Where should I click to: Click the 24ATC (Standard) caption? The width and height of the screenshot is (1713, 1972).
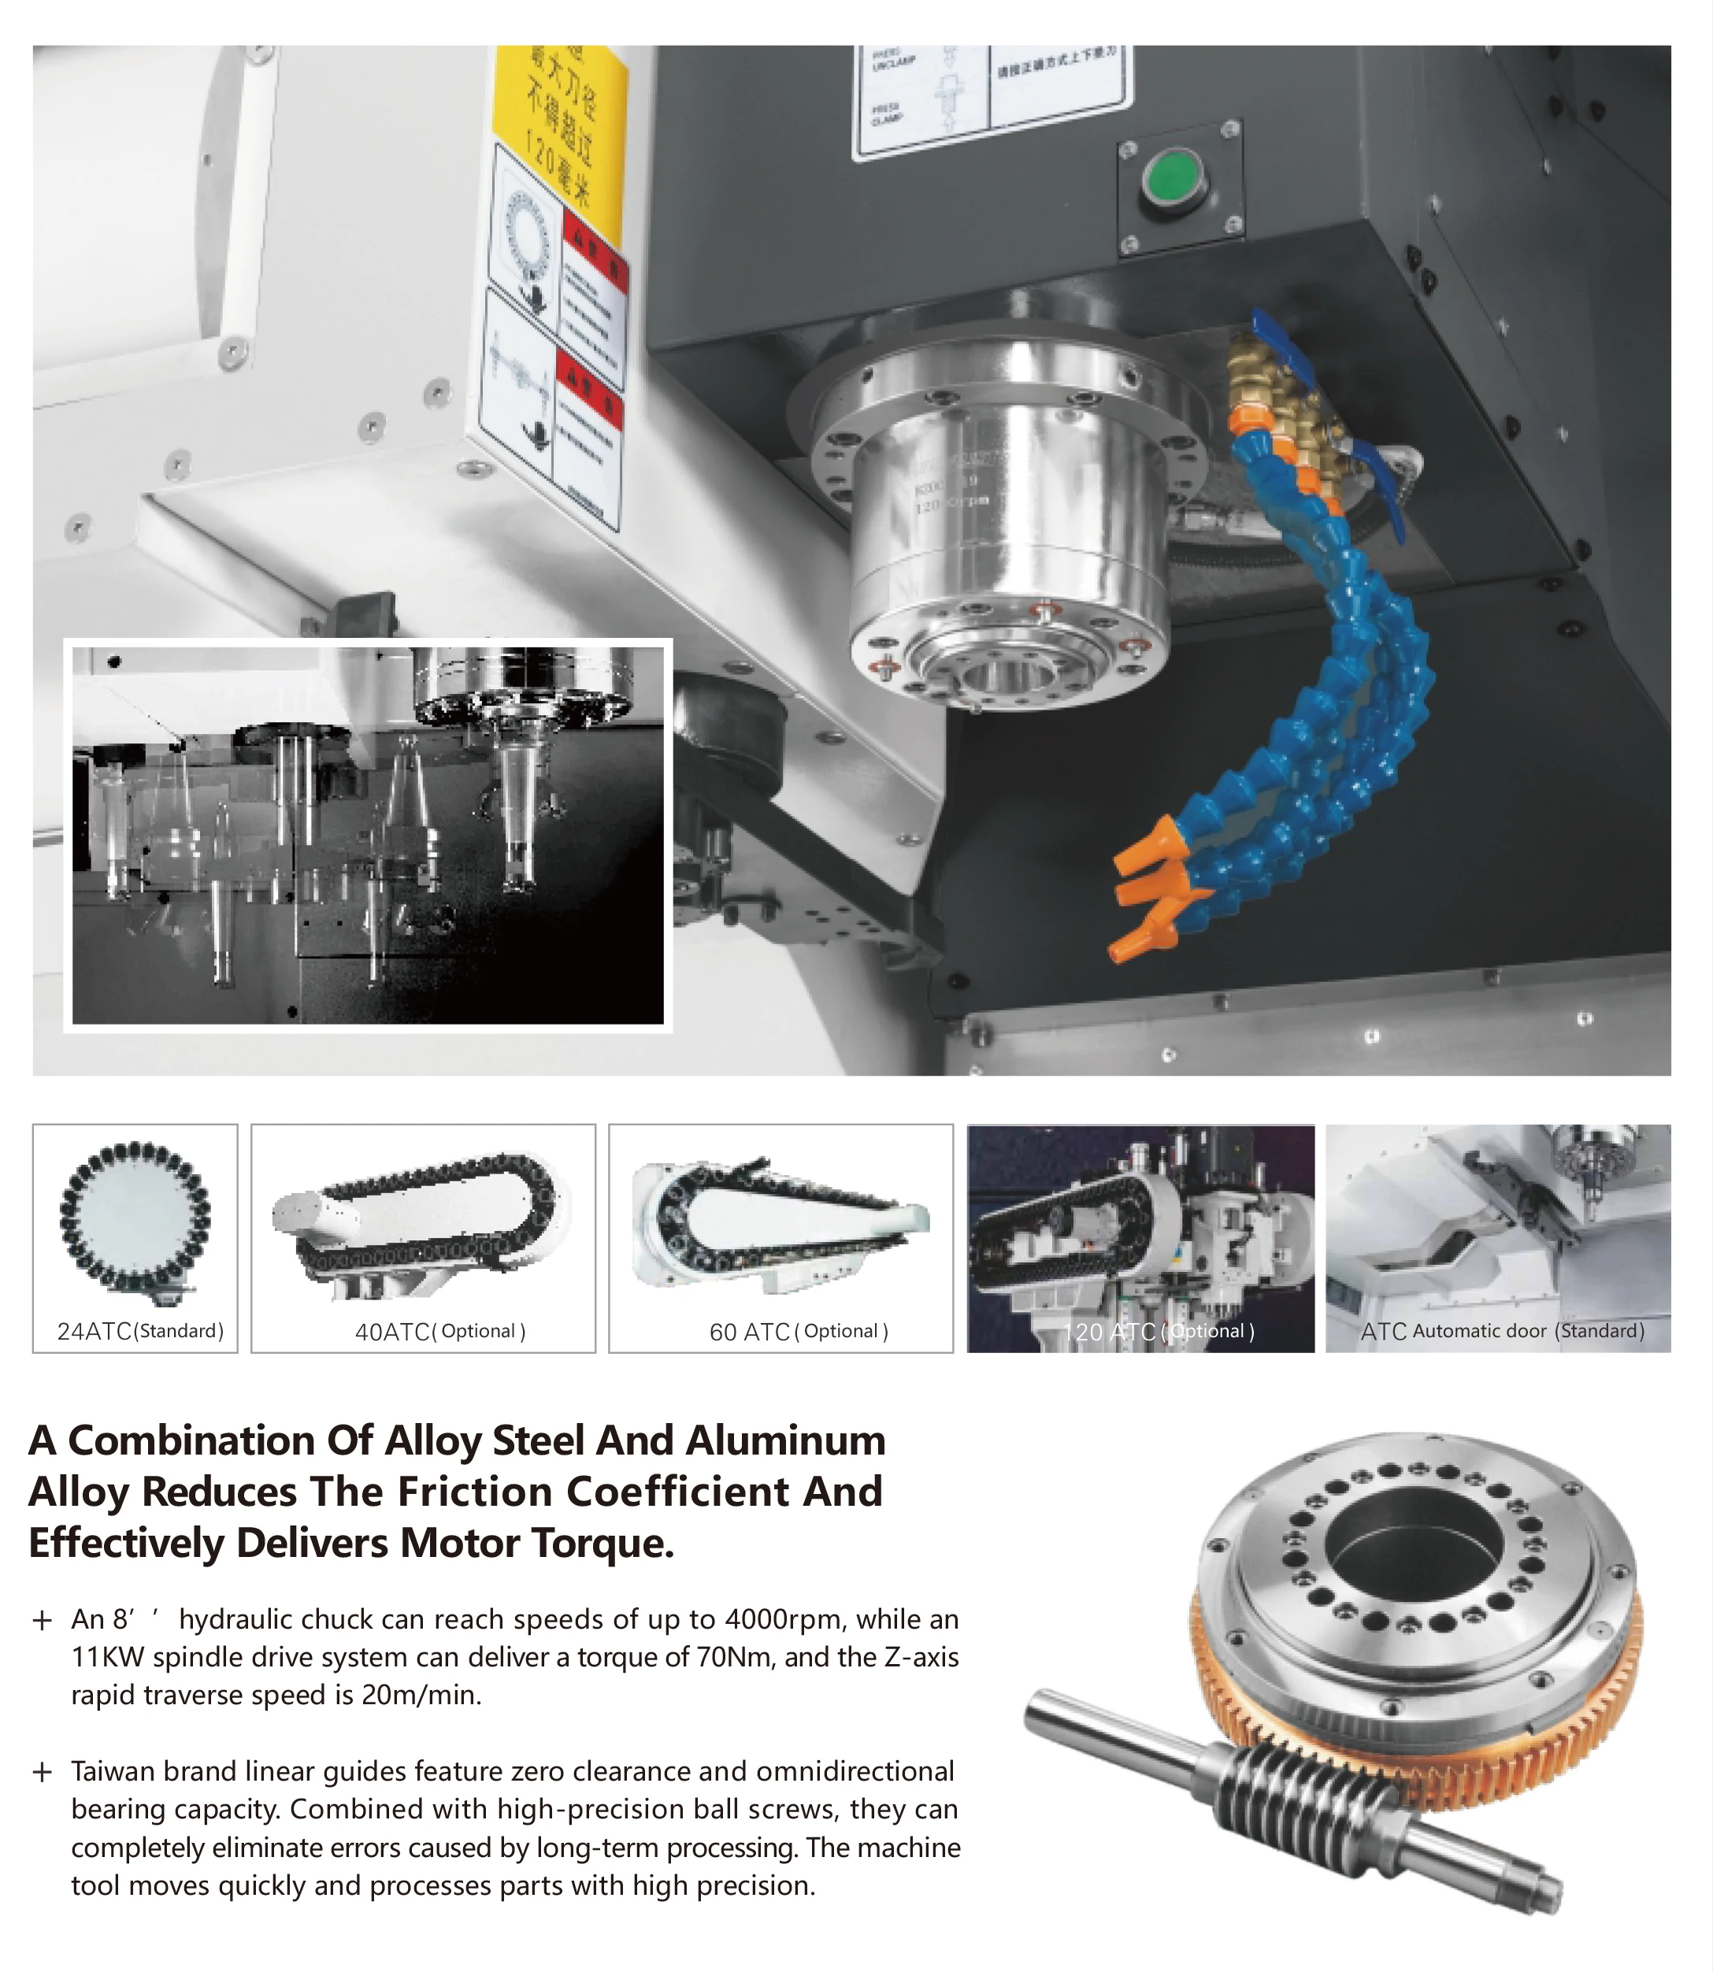click(139, 1331)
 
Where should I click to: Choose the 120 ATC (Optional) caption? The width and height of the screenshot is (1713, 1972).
click(1158, 1332)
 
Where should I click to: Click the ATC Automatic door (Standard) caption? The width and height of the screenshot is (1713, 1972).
click(1502, 1331)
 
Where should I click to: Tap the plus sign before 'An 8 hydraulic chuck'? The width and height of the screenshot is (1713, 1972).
click(42, 1620)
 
